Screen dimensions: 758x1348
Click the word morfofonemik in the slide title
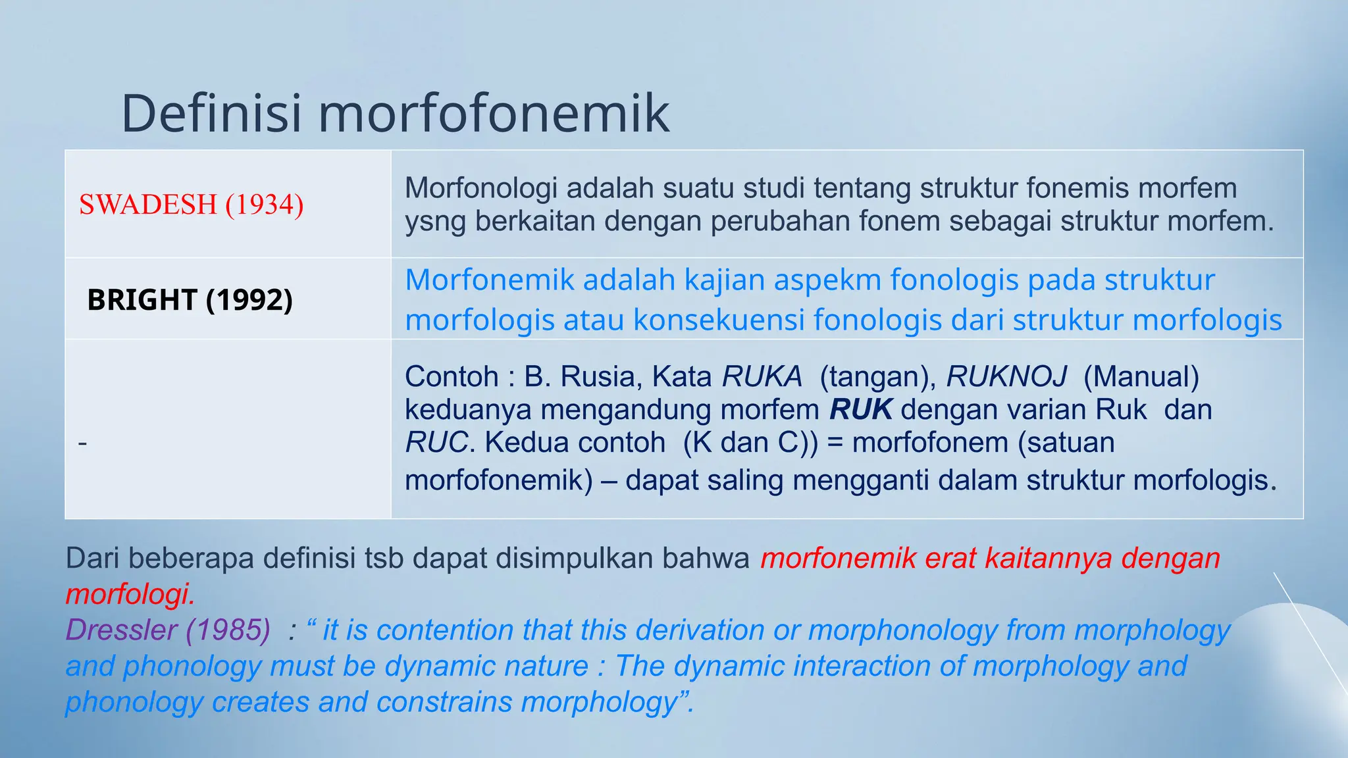(494, 113)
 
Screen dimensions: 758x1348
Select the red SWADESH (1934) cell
(192, 205)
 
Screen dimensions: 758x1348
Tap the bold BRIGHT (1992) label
(190, 300)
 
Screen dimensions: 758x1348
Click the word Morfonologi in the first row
(481, 188)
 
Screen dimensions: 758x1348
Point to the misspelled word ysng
(436, 222)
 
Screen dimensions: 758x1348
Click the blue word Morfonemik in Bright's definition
(489, 280)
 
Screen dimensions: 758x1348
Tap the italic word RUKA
(762, 377)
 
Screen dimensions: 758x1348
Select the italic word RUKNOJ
(1006, 377)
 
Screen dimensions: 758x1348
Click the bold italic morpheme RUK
(861, 410)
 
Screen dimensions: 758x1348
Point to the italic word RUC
(436, 443)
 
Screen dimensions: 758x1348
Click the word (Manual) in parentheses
(1141, 377)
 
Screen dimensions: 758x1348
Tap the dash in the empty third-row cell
(82, 443)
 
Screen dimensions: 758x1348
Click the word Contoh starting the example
(451, 377)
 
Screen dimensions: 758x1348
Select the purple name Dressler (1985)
(168, 630)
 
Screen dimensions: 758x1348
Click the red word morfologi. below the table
(130, 594)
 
